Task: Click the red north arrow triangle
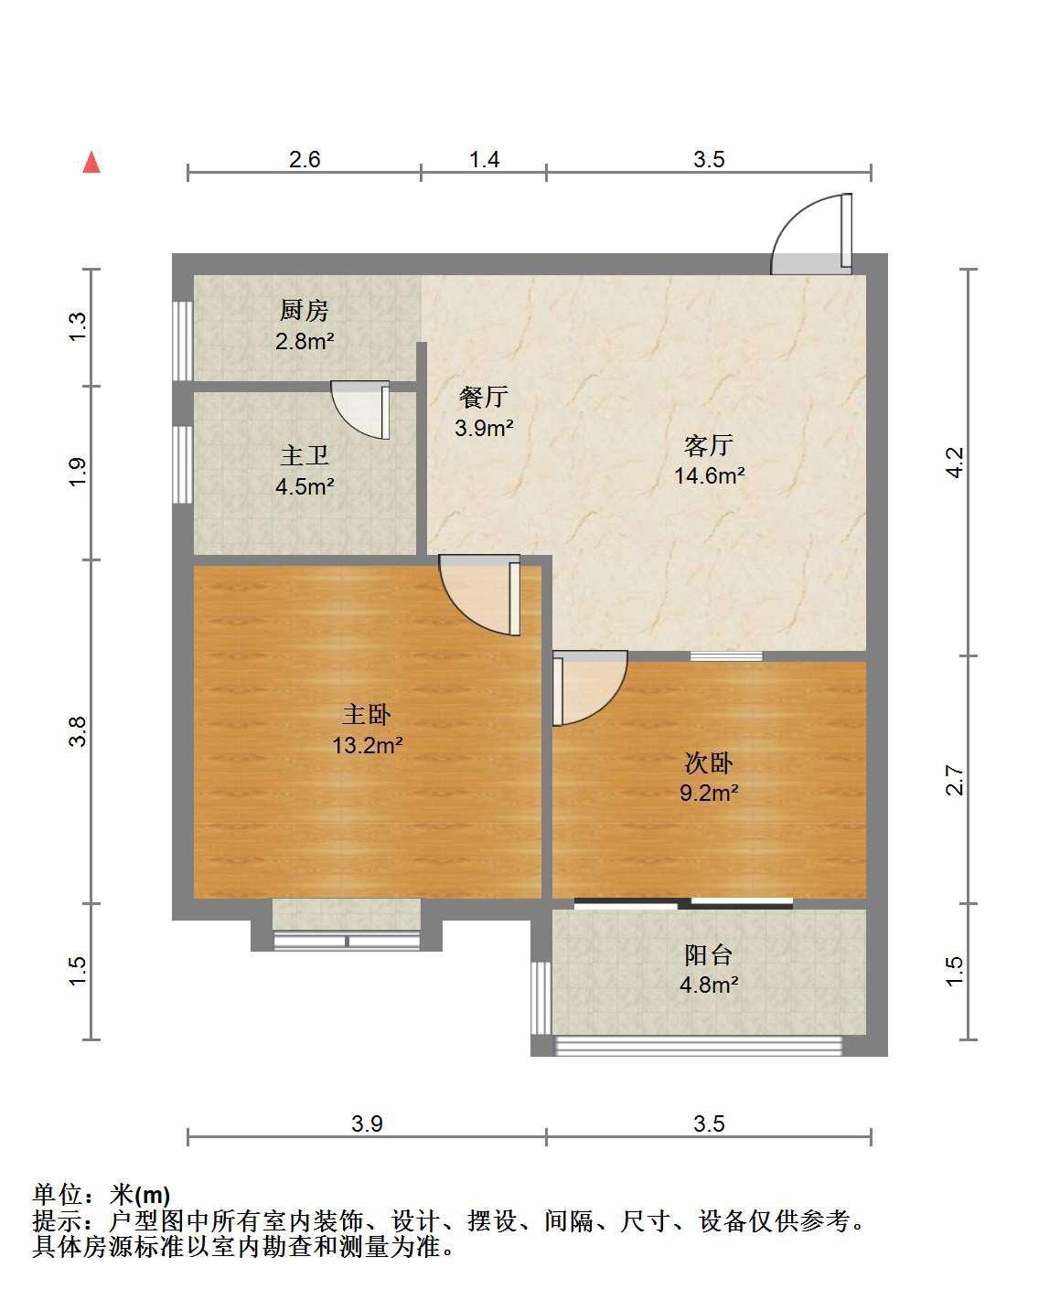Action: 91,163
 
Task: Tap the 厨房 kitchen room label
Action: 304,310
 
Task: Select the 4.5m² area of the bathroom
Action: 305,486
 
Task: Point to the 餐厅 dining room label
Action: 484,397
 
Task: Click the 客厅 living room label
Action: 708,445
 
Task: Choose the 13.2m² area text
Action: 368,745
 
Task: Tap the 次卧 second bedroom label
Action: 708,763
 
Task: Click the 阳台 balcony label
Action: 708,955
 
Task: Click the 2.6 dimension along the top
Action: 305,159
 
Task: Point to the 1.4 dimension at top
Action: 484,159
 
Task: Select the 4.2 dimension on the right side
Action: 954,462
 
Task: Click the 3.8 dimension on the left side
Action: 78,731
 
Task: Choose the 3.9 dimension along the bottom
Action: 368,1124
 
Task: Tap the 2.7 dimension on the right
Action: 954,780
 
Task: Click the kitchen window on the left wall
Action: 182,341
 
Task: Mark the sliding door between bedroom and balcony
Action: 683,903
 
